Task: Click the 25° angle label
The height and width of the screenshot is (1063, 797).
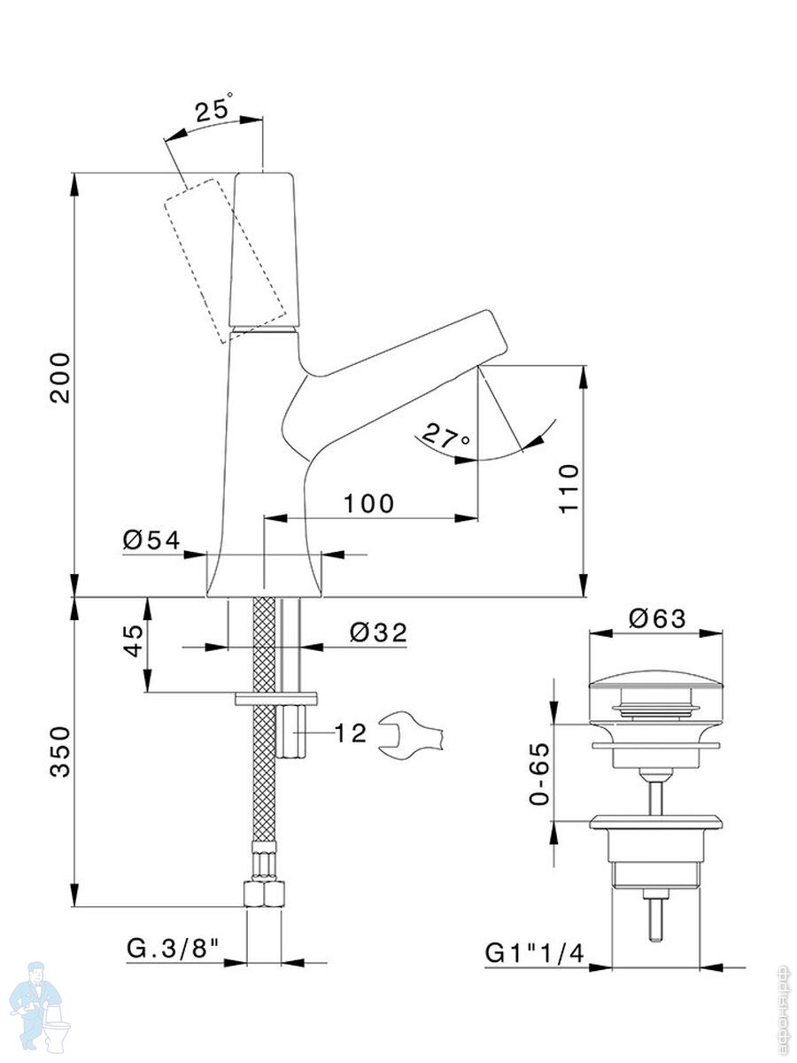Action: (214, 110)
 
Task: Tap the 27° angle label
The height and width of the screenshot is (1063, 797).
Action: (445, 435)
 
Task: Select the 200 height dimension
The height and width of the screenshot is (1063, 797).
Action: (58, 378)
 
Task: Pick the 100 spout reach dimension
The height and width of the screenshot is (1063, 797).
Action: (368, 503)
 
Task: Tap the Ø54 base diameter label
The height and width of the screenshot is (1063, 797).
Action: (151, 539)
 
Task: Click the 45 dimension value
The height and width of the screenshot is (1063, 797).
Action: (132, 640)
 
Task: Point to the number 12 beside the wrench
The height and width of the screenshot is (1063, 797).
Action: (350, 733)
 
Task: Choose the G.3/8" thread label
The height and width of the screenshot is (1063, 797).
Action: (173, 949)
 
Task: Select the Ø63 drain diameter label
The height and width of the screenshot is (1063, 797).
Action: (657, 619)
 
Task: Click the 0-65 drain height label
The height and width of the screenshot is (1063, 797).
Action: (539, 772)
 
